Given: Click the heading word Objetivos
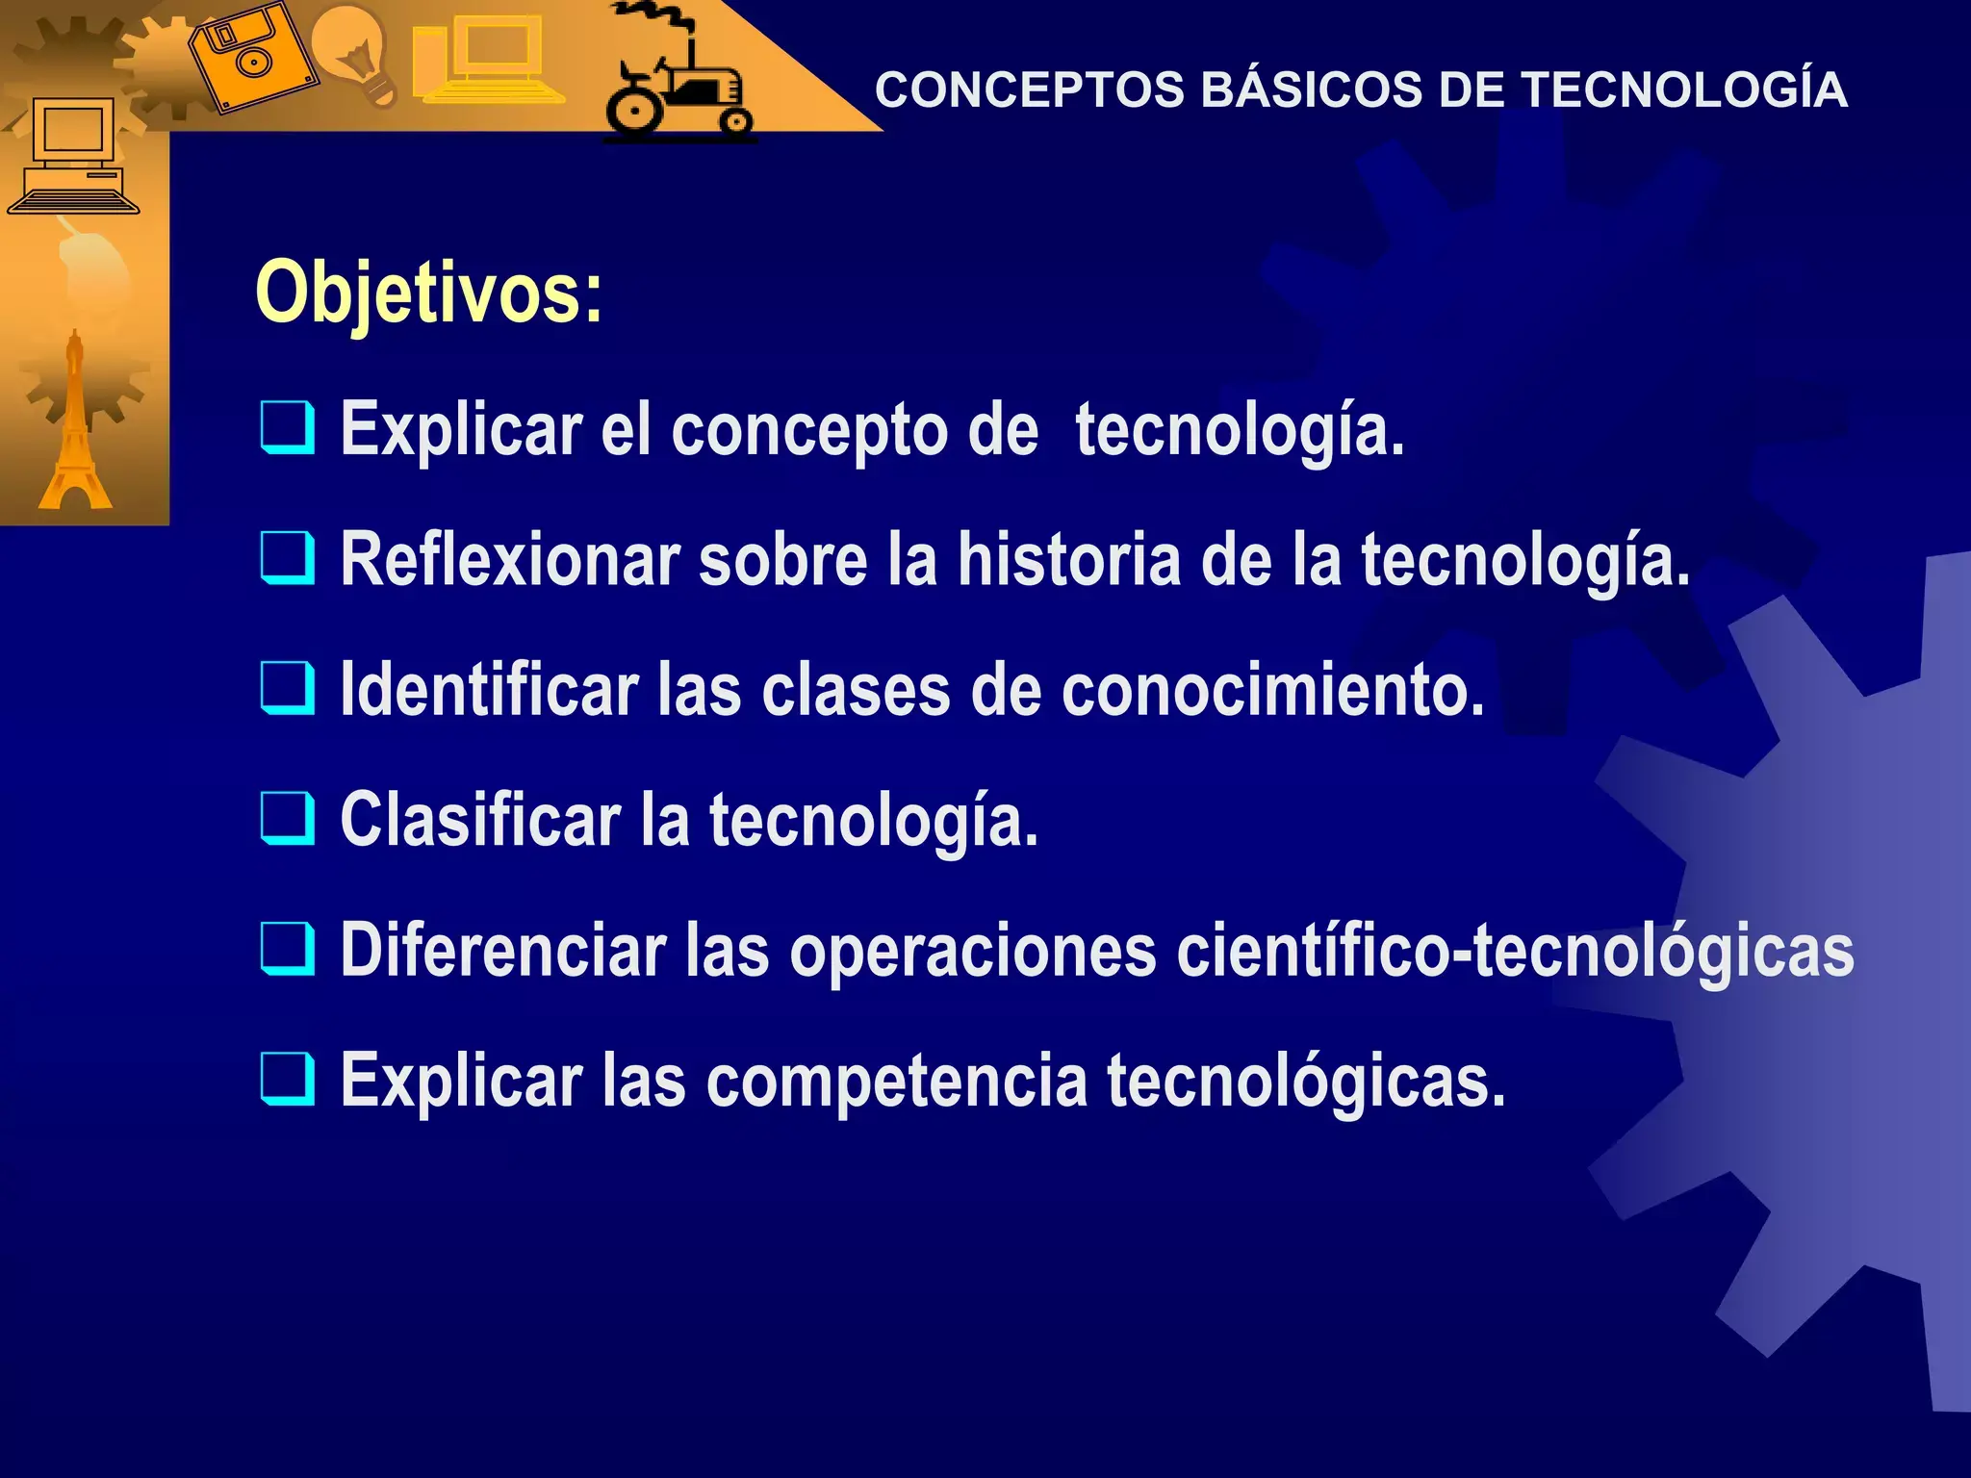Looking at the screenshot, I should point(428,293).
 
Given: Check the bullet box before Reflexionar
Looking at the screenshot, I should point(287,557).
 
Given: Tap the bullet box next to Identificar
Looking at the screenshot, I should point(287,688).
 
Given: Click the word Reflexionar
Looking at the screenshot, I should point(510,559).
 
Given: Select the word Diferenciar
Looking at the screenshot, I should point(503,951).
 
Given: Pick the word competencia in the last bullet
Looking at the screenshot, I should point(897,1082).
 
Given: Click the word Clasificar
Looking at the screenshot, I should point(480,820).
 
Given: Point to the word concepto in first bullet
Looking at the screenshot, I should point(809,430).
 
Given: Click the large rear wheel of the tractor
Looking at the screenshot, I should point(634,110).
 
